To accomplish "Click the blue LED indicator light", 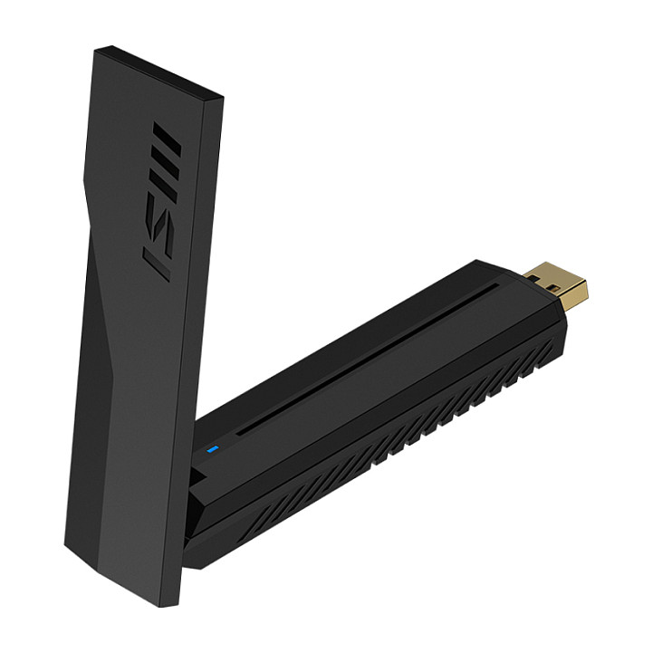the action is pos(213,449).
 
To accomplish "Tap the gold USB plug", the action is pos(556,285).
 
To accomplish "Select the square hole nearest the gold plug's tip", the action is pos(554,288).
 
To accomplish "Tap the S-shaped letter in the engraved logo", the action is pos(160,225).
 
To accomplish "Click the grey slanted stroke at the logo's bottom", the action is pos(158,264).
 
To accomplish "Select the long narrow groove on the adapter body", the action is pos(368,360).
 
